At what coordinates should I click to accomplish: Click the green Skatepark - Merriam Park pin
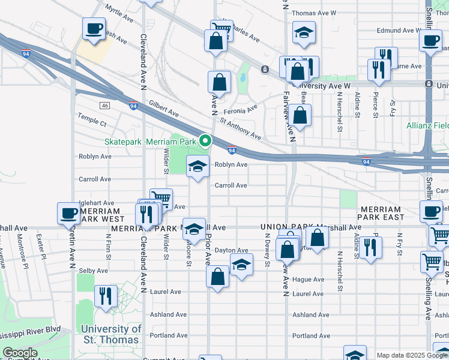pos(205,142)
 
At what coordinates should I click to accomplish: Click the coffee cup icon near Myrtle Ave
pos(94,28)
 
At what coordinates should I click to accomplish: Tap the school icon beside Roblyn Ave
pos(197,167)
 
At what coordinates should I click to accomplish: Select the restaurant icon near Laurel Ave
pos(106,296)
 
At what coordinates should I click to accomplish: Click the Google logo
pos(20,353)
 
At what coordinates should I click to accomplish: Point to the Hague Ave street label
pos(309,280)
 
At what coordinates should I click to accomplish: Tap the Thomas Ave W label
pos(313,13)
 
